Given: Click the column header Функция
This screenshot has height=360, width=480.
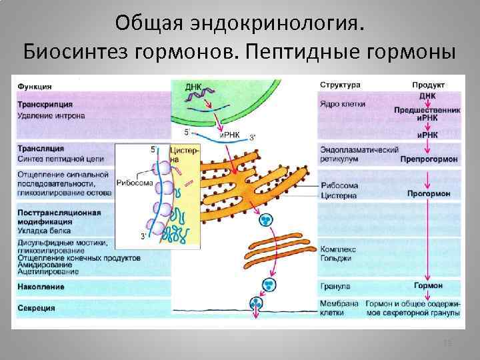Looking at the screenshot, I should click(35, 86).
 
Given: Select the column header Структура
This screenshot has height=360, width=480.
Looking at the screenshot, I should click(340, 85).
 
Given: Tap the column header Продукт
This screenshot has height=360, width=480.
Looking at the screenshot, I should click(427, 85).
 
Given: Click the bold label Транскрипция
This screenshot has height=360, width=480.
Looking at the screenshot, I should click(45, 105).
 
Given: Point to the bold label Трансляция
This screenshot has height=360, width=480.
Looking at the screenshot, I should click(41, 148).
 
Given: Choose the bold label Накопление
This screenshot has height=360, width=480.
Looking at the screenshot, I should click(41, 287).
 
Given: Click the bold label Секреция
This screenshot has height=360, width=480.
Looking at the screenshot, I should click(37, 309).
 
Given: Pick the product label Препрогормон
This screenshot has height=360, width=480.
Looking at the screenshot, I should click(429, 161).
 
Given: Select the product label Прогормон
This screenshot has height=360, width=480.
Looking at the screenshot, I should click(429, 194).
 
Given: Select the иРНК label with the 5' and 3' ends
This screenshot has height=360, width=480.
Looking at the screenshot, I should click(230, 134).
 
